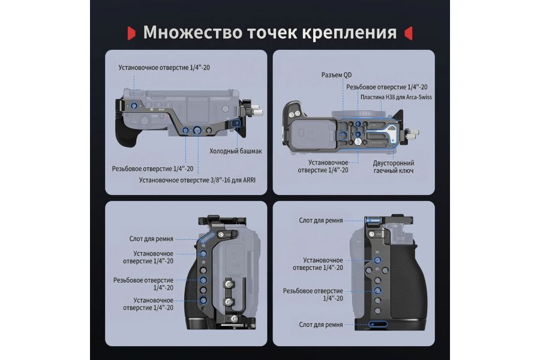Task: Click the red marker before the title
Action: pyautogui.click(x=131, y=32)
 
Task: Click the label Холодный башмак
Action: pyautogui.click(x=235, y=151)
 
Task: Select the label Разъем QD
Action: pyautogui.click(x=335, y=76)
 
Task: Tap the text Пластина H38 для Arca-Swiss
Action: pyautogui.click(x=396, y=97)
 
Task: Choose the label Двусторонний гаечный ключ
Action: pyautogui.click(x=393, y=167)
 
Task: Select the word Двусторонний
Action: pyautogui.click(x=393, y=163)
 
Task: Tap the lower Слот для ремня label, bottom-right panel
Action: pyautogui.click(x=321, y=325)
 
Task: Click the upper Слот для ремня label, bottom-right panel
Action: pyautogui.click(x=321, y=220)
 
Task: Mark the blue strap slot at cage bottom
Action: pyautogui.click(x=376, y=325)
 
